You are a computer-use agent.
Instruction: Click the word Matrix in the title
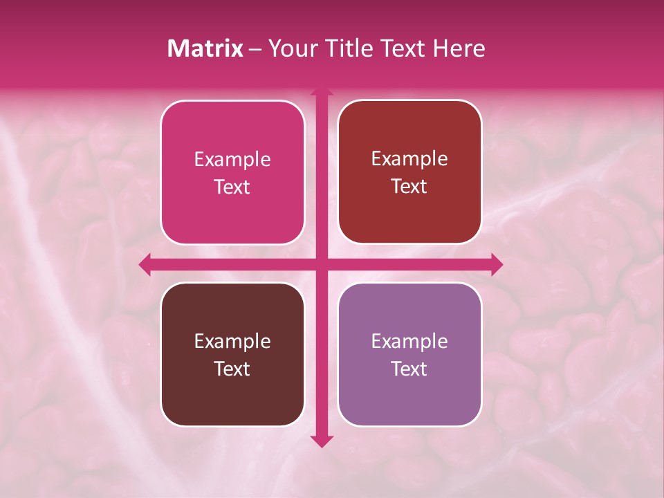coord(205,48)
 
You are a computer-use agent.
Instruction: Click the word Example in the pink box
coord(232,160)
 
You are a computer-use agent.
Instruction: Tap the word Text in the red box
coord(409,187)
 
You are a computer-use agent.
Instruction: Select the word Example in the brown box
coord(232,342)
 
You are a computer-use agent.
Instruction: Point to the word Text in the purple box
coord(409,369)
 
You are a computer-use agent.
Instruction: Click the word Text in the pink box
coord(232,187)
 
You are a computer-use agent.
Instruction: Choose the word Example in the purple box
coord(409,342)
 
